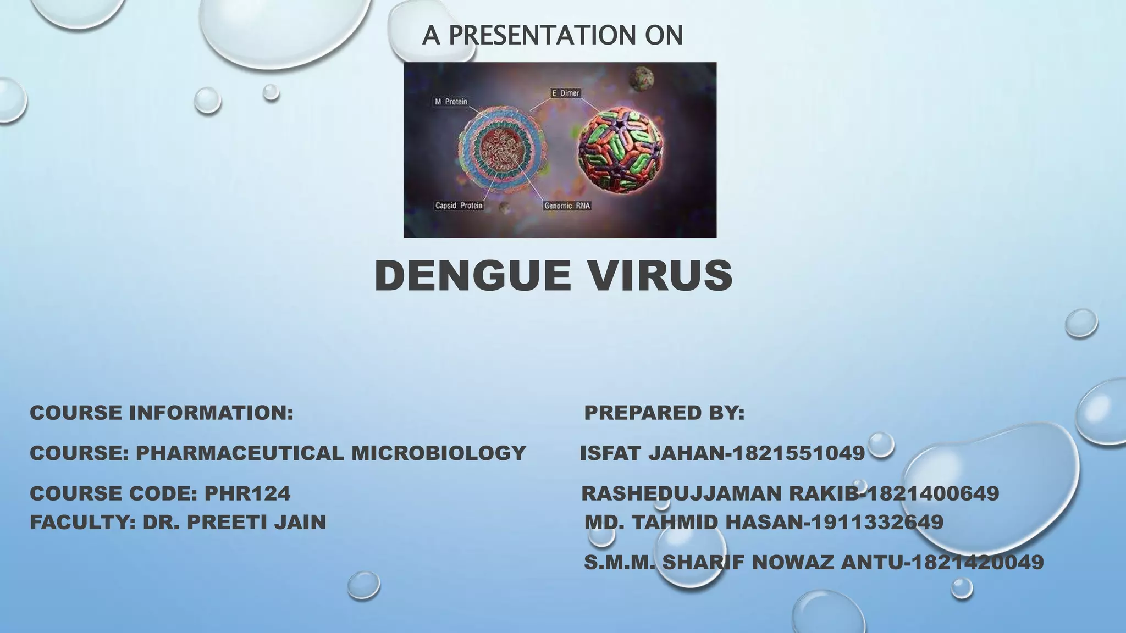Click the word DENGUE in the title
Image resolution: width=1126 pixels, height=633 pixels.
pos(472,275)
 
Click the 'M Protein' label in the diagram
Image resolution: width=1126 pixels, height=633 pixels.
pos(451,102)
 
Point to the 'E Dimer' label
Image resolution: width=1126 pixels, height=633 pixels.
pos(566,93)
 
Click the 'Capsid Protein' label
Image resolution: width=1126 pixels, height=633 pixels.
pos(459,206)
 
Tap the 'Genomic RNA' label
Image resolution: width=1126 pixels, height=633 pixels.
pos(567,206)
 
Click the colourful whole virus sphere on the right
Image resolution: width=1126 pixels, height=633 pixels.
pos(621,149)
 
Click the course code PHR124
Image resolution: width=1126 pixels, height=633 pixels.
pos(247,493)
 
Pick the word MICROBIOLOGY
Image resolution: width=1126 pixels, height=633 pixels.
pos(439,453)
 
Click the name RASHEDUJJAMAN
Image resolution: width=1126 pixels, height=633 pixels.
pos(682,493)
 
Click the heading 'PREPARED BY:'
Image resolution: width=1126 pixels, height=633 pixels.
pos(664,413)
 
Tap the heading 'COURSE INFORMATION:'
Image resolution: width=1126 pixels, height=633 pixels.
pos(162,413)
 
